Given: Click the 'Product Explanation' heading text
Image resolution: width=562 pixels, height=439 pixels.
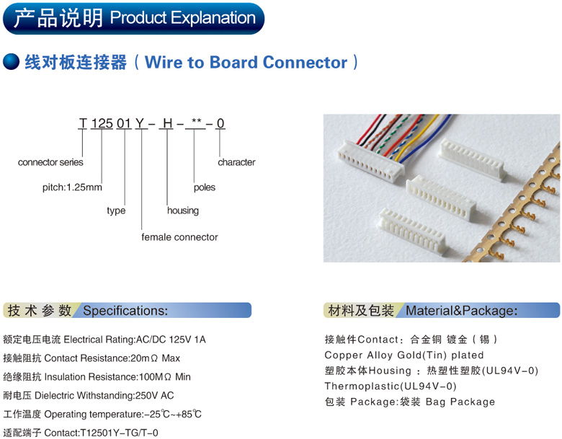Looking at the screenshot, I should [x=183, y=18].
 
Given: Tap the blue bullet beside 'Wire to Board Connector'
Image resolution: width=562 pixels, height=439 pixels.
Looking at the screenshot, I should [x=12, y=62].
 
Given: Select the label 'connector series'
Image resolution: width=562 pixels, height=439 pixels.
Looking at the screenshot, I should [x=50, y=163].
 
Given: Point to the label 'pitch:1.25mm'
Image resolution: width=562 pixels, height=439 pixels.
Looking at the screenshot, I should [x=72, y=187].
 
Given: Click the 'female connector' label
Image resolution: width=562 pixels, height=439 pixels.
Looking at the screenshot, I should [x=179, y=237].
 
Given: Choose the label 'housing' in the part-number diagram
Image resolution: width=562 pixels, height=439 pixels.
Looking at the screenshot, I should [x=182, y=210].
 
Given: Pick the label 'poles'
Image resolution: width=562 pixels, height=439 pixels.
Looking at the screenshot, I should [x=205, y=187].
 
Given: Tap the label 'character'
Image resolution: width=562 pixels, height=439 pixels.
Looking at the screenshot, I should [x=236, y=163].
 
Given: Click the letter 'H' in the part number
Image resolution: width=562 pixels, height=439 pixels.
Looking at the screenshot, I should [x=167, y=123].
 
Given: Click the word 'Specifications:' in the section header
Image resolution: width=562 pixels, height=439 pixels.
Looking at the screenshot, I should [x=125, y=311].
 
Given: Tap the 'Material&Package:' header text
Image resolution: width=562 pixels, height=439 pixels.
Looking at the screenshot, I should [x=462, y=311].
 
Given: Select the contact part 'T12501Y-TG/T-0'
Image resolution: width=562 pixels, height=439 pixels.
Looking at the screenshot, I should [x=122, y=433].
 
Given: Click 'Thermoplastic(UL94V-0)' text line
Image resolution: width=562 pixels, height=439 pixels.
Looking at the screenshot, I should [x=391, y=386].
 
